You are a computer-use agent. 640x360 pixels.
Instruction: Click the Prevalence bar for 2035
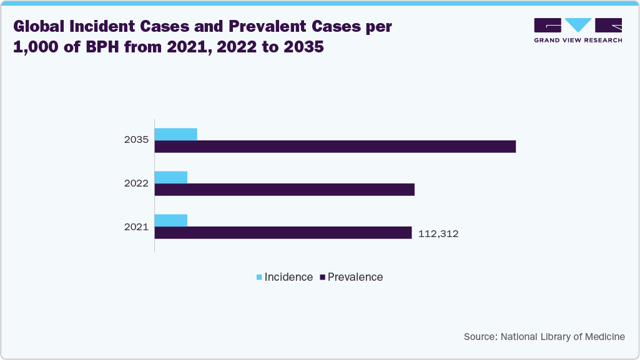[x=335, y=147]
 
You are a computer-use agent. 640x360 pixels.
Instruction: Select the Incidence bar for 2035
[x=175, y=134]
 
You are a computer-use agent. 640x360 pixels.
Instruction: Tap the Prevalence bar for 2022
[x=284, y=190]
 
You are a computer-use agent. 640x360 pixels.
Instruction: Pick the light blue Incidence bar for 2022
[x=170, y=177]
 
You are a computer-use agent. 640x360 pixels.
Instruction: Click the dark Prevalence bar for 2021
[x=283, y=233]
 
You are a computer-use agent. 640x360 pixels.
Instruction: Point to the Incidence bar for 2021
[x=170, y=220]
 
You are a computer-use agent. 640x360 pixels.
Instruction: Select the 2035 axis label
[x=136, y=140]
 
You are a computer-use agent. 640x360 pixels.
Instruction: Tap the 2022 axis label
[x=136, y=183]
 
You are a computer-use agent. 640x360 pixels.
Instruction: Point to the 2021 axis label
[x=136, y=227]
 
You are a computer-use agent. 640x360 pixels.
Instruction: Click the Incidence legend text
[x=288, y=277]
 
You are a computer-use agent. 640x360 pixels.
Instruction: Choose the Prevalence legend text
[x=355, y=277]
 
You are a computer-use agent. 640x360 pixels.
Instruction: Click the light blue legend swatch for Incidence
[x=259, y=277]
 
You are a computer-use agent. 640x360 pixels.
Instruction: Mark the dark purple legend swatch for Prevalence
[x=322, y=277]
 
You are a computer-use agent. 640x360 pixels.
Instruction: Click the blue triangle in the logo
[x=578, y=26]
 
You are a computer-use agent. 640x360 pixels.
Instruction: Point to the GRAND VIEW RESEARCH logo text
[x=578, y=41]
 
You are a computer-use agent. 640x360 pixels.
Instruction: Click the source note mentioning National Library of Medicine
[x=544, y=337]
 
